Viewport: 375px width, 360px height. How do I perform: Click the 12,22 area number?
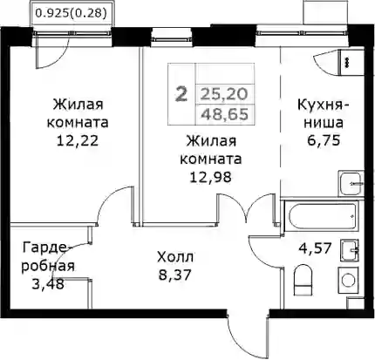click(78, 140)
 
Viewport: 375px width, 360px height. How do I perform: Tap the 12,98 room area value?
click(211, 177)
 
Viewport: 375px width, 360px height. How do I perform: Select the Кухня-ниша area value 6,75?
click(324, 140)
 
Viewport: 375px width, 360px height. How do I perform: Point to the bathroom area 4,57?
click(316, 248)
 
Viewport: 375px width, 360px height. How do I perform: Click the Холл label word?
click(175, 257)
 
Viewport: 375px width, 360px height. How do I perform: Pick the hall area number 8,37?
click(175, 275)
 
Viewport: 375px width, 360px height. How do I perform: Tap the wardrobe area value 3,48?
click(48, 283)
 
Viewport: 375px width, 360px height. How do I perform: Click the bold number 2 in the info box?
click(181, 95)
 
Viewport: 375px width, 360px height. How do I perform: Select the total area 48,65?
click(225, 114)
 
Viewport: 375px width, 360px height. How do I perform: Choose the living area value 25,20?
click(224, 94)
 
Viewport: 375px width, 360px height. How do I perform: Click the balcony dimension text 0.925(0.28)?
click(70, 13)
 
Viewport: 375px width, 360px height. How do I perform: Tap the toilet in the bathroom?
click(303, 280)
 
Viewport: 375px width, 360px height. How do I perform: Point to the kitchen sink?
click(351, 184)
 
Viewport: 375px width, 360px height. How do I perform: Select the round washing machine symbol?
click(348, 281)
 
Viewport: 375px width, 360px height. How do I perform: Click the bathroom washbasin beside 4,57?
click(350, 250)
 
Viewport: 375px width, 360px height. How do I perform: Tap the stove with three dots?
click(348, 63)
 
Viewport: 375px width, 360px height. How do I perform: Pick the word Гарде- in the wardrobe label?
click(46, 248)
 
